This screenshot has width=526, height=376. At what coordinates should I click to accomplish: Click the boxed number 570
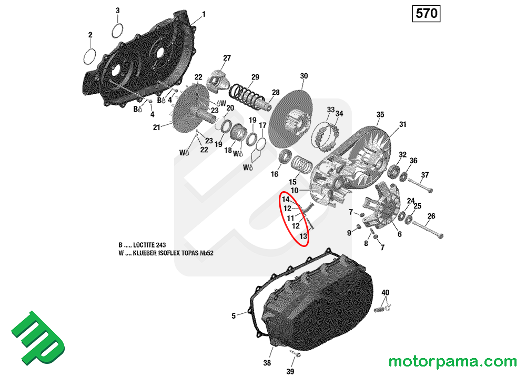coord(427,14)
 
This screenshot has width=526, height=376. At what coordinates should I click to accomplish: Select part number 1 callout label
coord(204,14)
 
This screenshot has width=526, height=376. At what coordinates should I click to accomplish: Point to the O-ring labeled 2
coord(90,54)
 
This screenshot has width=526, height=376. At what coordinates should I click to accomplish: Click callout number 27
coord(227,58)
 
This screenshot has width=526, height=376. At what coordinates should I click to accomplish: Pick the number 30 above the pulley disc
coord(304,76)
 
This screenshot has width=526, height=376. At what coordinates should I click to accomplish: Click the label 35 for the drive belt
coord(380,114)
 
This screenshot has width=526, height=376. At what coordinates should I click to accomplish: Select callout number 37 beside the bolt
coord(425,175)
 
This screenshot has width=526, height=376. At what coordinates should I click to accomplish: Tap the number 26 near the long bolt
coord(431,216)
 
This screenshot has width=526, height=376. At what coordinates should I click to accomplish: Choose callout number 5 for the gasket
coord(234,316)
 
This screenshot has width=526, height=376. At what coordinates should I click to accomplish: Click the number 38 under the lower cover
coord(267,363)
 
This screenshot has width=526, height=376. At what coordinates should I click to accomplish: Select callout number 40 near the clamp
coord(385,292)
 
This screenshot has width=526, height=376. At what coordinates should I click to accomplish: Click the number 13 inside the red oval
coord(303,236)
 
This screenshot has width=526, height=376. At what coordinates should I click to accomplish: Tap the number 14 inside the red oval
coord(286,200)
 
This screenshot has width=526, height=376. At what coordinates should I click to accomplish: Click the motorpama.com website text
coord(452,362)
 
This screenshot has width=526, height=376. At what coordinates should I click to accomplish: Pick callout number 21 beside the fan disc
coord(156,127)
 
